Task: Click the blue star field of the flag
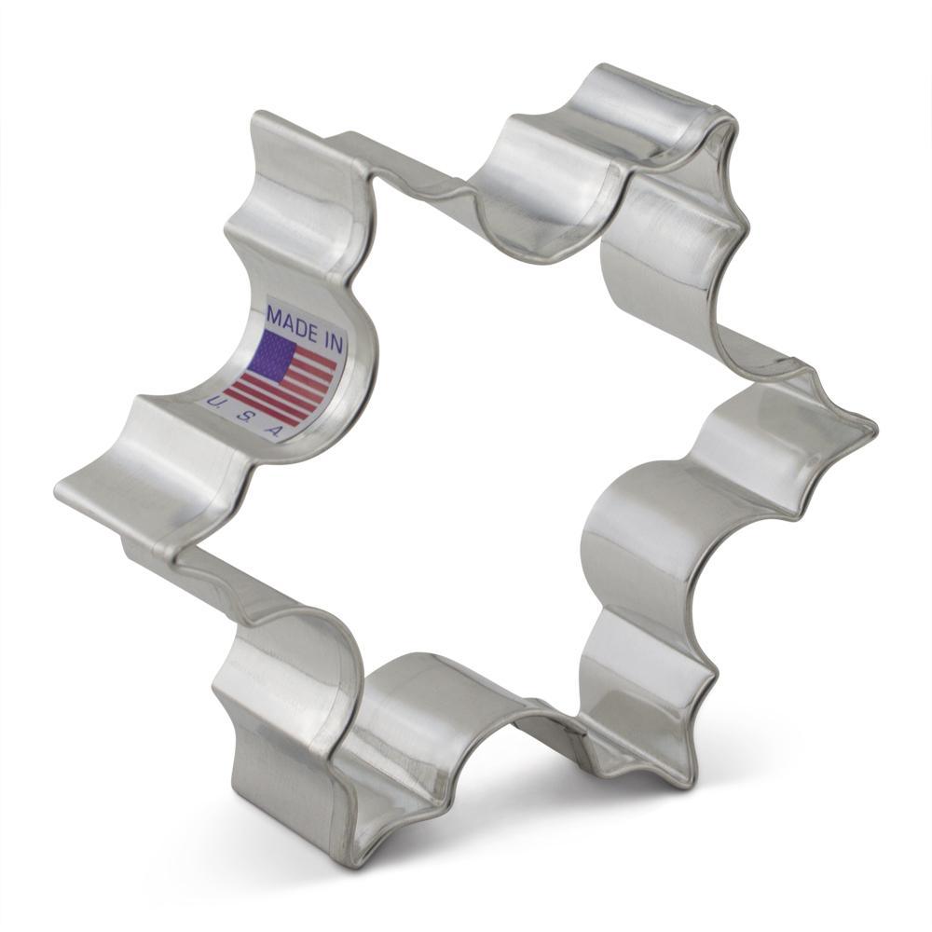click(273, 354)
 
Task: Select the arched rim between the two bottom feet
click(438, 680)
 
